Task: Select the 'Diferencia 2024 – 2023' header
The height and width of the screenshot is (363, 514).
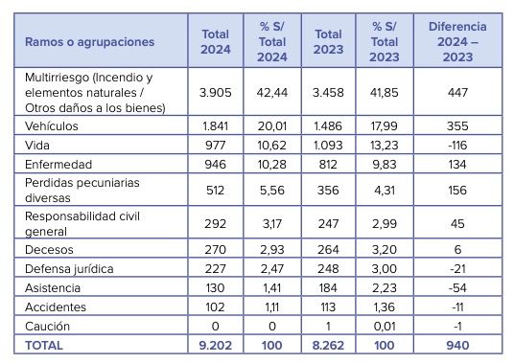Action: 457,42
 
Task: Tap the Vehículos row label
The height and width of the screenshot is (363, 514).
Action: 52,126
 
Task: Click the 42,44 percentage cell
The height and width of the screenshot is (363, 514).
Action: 272,93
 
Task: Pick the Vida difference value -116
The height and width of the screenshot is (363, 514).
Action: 457,145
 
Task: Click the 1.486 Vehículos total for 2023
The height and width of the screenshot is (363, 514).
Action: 328,126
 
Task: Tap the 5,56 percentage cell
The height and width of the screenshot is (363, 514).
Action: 272,189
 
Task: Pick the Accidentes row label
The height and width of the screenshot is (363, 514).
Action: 57,307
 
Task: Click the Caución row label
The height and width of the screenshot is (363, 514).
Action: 47,326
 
